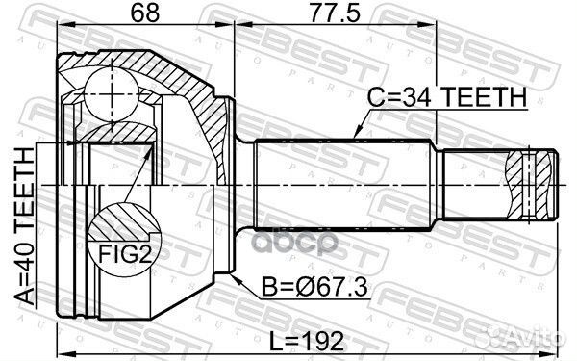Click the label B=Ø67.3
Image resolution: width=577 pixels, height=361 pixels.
(304, 285)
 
